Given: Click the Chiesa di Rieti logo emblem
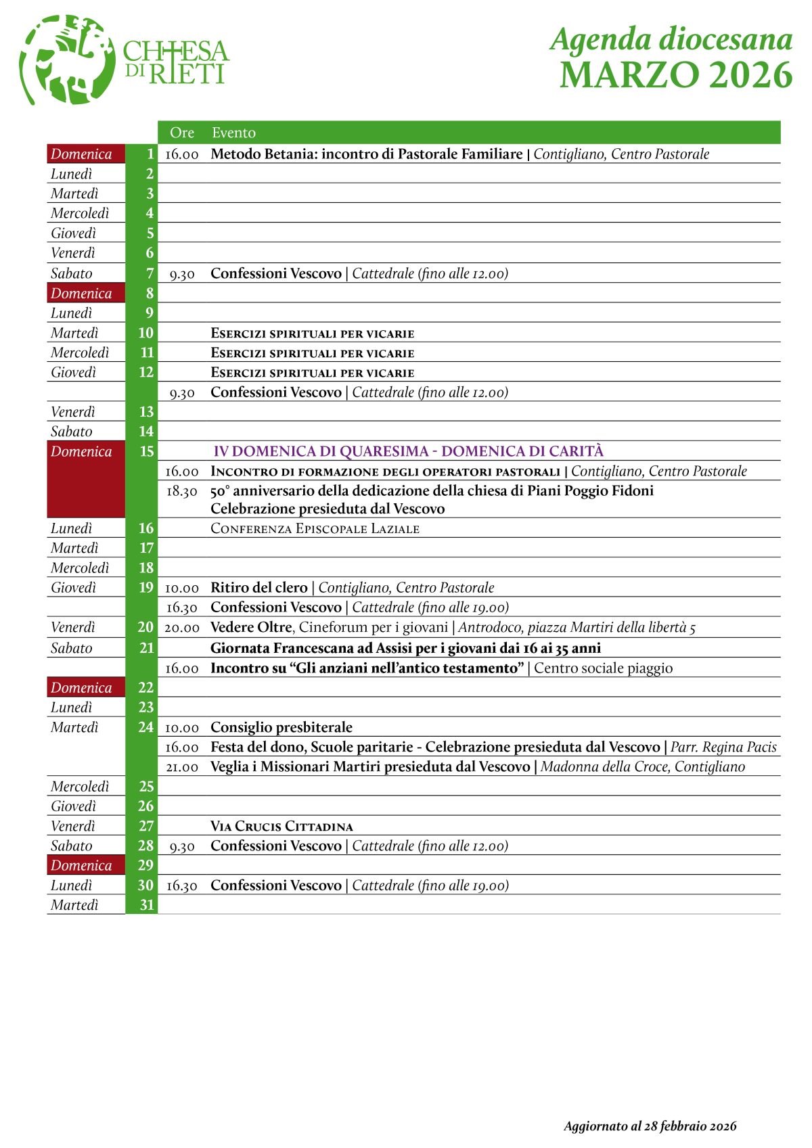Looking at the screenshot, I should (x=66, y=60).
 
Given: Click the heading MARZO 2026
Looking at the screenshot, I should (x=675, y=74).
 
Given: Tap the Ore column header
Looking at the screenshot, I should (x=182, y=133).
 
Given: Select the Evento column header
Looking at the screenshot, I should (x=233, y=133).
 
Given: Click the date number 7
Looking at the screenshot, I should (x=150, y=273).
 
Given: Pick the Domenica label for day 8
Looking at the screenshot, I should (x=81, y=293).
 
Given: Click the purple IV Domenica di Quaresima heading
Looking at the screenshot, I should (x=408, y=451).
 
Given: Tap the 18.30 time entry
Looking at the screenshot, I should (x=182, y=491).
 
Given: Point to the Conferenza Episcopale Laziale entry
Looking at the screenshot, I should (x=315, y=528).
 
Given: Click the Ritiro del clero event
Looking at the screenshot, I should (x=258, y=587).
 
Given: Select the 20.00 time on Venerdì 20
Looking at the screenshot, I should (x=182, y=628).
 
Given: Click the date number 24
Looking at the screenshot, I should (x=145, y=727).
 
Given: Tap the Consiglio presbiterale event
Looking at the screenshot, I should (x=281, y=727).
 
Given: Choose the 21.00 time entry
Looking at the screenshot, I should (x=182, y=767).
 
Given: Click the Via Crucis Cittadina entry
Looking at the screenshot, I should (x=281, y=826).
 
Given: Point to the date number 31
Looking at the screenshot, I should (x=146, y=905).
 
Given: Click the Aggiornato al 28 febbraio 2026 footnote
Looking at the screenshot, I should (x=650, y=1126).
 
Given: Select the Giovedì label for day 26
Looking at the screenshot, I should (x=74, y=806).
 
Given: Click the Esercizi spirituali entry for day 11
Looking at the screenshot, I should (x=312, y=353).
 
